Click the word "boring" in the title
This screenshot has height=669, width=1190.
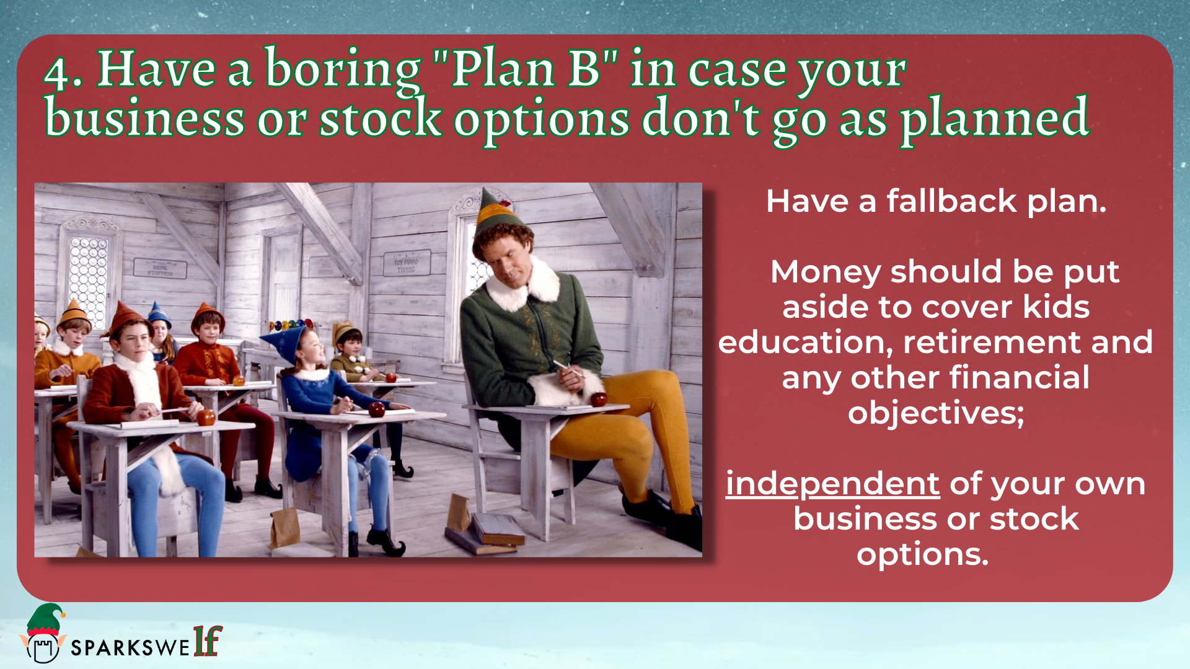343,69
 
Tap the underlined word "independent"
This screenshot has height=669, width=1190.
832,484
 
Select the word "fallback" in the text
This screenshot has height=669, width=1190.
951,201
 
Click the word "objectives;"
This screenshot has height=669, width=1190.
936,413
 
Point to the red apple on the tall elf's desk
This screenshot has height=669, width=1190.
598,398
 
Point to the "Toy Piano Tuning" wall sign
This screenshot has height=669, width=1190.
407,263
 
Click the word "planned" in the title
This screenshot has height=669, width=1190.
995,118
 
